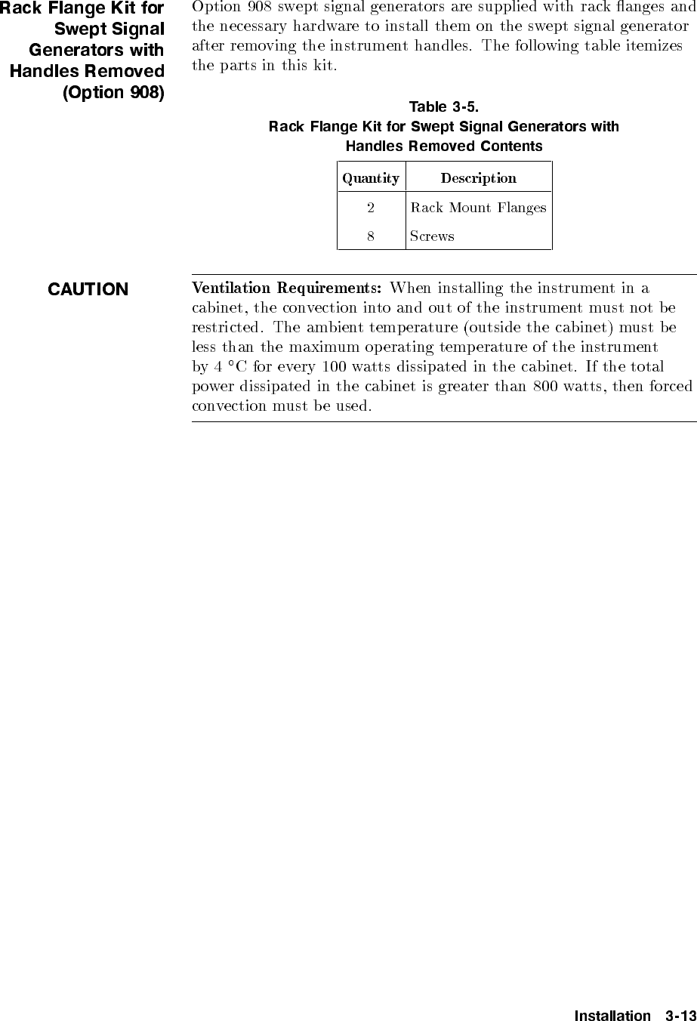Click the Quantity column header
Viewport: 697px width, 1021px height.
pos(371,179)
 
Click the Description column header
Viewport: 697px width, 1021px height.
pos(478,179)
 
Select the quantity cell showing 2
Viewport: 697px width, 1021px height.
pos(371,208)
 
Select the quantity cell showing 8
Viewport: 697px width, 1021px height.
pos(371,236)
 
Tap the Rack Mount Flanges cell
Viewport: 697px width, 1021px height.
pos(478,208)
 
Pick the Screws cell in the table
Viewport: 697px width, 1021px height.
pos(432,236)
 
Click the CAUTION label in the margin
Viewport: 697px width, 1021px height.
pos(88,290)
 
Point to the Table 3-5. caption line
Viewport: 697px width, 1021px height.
pos(444,106)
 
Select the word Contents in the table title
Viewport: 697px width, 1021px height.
pos(511,146)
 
